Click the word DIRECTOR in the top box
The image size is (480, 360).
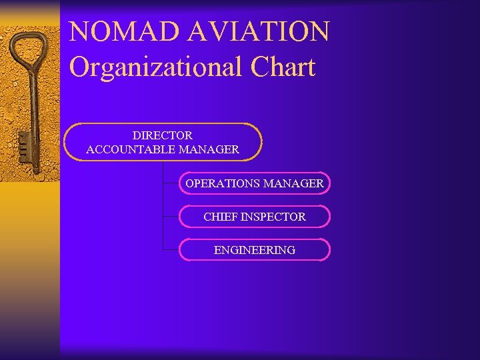coord(162,135)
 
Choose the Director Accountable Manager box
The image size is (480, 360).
coord(163,142)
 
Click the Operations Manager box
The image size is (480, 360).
coord(254,183)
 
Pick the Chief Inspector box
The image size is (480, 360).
coord(254,217)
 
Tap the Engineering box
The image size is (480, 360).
coord(254,250)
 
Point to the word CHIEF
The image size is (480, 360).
coord(220,217)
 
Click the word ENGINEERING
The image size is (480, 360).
coord(254,250)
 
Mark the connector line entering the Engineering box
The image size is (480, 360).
coord(171,249)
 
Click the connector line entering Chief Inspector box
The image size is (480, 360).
coord(171,216)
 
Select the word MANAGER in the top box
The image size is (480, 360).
coord(209,150)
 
